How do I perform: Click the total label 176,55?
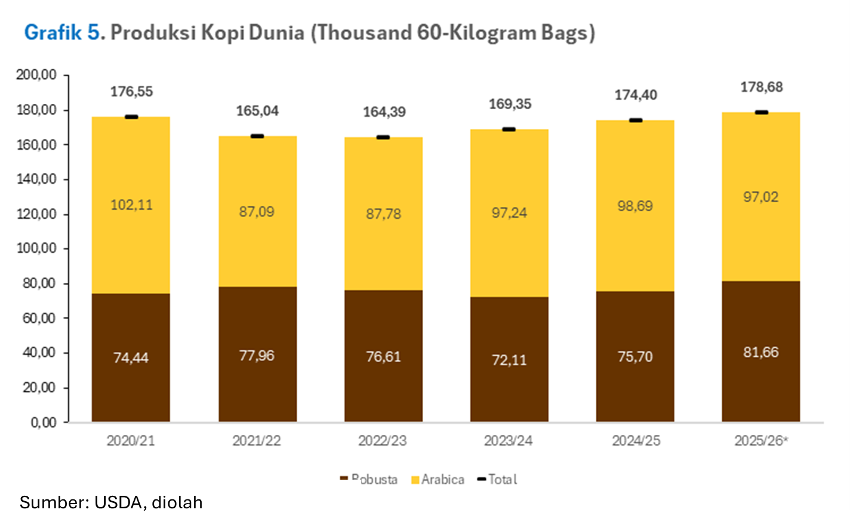[131, 92]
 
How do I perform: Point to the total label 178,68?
[761, 87]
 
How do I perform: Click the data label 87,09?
[257, 212]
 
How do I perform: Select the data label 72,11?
[509, 360]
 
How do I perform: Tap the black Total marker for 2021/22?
[257, 136]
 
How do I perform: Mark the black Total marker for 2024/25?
[636, 120]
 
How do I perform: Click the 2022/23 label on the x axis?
[383, 441]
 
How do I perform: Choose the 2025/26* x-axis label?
[761, 441]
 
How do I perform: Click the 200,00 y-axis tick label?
[36, 75]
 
